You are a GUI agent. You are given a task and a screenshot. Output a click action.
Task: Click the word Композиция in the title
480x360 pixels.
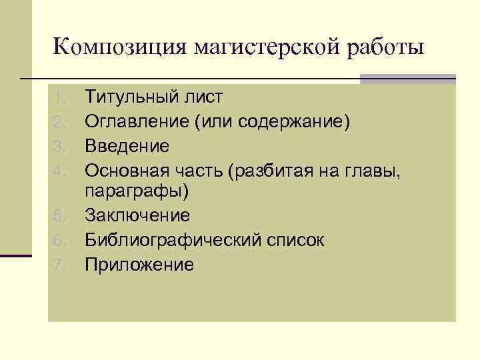click(120, 48)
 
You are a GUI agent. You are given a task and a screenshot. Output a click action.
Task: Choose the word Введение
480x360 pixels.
click(127, 145)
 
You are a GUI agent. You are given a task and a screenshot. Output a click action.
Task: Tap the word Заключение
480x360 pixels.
click(137, 216)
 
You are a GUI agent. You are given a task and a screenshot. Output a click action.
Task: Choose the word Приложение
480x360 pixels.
click(139, 265)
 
